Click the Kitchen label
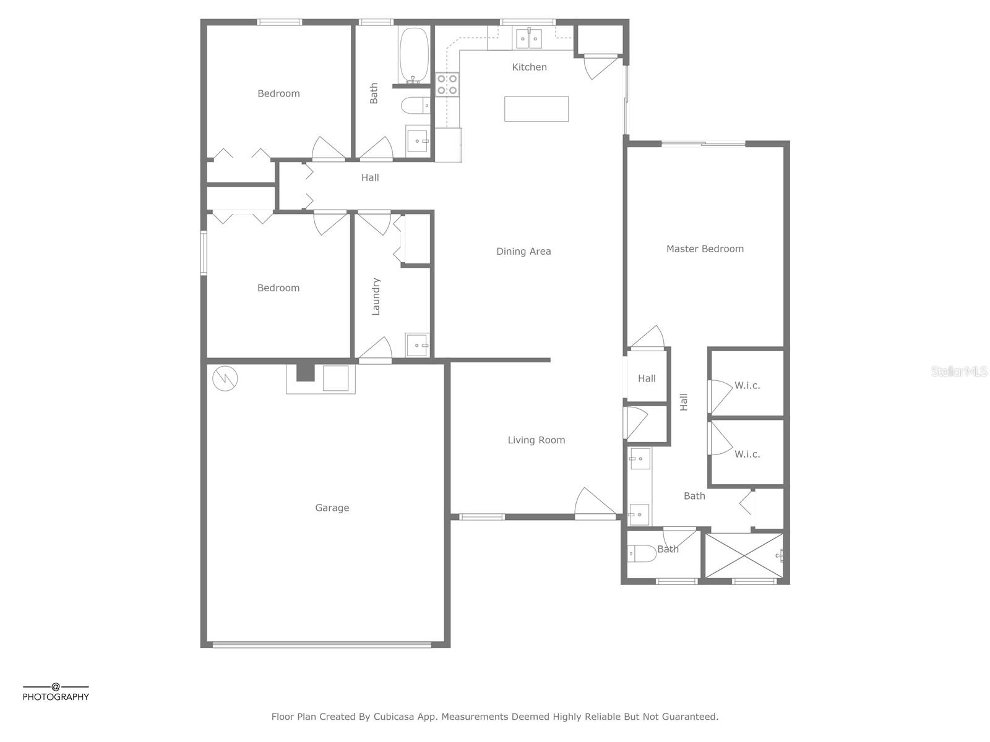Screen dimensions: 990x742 [529, 67]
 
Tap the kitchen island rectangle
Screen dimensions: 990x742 [536, 109]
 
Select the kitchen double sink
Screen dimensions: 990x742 [529, 39]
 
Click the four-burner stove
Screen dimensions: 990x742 [447, 85]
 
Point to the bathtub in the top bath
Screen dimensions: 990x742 [413, 56]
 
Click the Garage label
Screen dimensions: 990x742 [332, 508]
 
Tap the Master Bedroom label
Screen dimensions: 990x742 [705, 249]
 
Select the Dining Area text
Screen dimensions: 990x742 [523, 252]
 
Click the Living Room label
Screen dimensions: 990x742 [536, 440]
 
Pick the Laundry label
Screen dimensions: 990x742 [376, 296]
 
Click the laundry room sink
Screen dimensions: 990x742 [417, 344]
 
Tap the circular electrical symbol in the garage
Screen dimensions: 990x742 [225, 378]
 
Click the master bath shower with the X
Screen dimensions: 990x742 [744, 555]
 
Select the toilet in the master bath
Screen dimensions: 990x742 [642, 553]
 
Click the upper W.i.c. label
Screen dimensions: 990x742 [747, 386]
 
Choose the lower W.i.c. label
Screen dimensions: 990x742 [747, 454]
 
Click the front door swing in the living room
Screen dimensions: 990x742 [595, 503]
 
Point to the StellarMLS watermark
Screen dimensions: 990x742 [959, 371]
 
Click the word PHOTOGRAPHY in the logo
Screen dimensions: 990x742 [56, 697]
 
